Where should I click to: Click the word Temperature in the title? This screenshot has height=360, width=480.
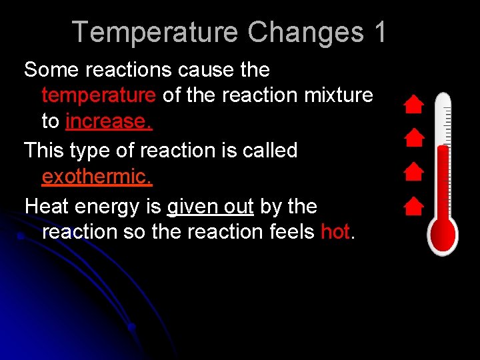pos(155,32)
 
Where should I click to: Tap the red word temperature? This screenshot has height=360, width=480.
pos(98,95)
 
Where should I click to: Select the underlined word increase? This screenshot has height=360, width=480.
pos(109,121)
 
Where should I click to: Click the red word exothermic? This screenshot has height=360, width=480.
pos(97,177)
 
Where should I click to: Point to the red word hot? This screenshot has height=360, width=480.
pos(335,231)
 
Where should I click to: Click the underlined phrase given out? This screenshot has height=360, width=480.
pos(210,207)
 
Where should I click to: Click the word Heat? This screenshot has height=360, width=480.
pos(48,207)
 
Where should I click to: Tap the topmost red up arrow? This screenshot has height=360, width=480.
pos(414,105)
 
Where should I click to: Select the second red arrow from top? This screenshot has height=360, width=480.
pos(414,137)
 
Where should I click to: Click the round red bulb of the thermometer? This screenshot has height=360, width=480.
pos(442,233)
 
